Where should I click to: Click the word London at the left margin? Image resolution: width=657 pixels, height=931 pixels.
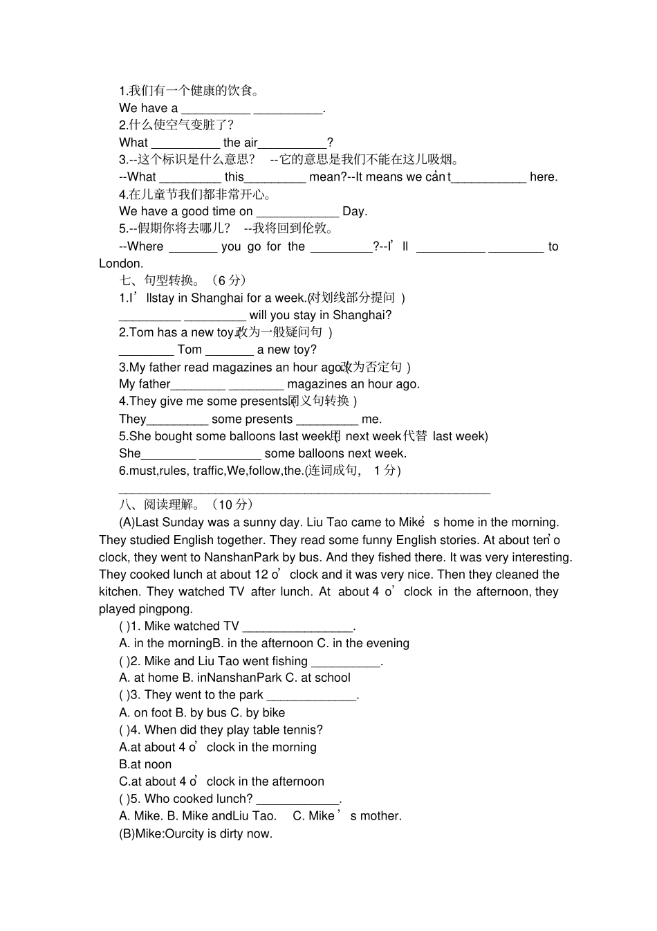(x=121, y=264)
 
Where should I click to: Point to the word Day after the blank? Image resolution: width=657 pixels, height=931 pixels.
(x=354, y=212)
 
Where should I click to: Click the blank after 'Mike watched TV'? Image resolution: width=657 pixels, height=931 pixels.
(x=298, y=627)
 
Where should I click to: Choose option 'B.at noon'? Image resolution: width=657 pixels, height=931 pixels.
(x=145, y=764)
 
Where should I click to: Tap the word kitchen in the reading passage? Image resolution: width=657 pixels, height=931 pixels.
(x=118, y=592)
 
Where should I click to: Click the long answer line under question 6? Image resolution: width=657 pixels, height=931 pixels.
(x=304, y=491)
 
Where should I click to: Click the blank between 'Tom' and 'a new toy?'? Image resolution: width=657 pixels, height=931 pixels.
(x=229, y=351)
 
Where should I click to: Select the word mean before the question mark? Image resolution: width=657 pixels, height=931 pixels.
(x=325, y=177)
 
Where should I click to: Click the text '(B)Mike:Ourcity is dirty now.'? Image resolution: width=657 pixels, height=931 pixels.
(x=196, y=833)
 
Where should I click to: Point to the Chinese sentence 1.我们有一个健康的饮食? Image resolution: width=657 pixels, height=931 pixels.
(x=189, y=91)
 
